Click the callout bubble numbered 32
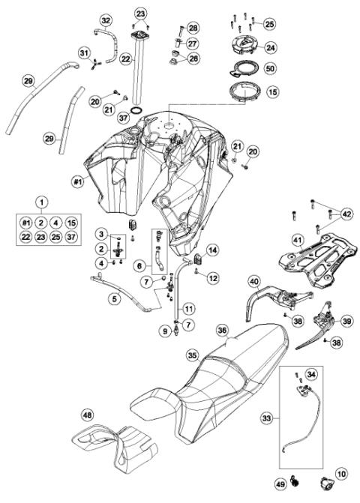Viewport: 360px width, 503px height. pyautogui.click(x=106, y=19)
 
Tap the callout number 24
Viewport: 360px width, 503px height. pyautogui.click(x=270, y=46)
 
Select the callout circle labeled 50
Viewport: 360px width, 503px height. pyautogui.click(x=270, y=69)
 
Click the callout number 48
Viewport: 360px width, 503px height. pyautogui.click(x=88, y=414)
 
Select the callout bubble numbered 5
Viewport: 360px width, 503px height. pyautogui.click(x=114, y=298)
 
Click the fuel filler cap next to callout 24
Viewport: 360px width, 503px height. pyautogui.click(x=242, y=45)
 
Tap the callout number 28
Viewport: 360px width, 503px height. pyautogui.click(x=193, y=28)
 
